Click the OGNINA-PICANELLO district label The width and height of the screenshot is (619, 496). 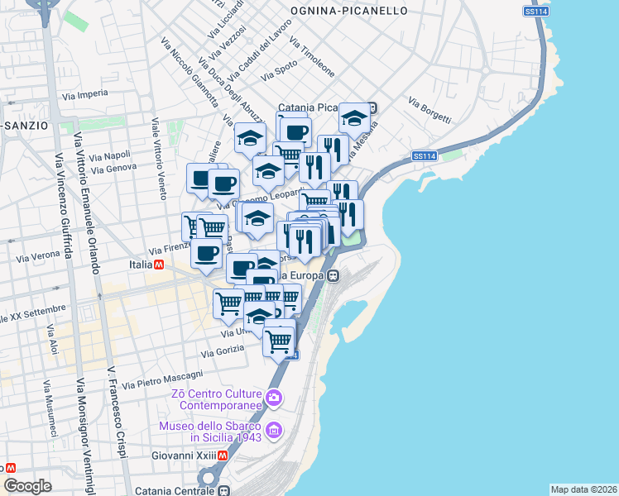click(x=349, y=11)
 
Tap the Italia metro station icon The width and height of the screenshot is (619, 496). click(x=159, y=265)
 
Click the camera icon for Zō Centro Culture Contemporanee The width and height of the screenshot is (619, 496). click(x=275, y=399)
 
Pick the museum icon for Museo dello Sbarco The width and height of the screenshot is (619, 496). click(x=275, y=431)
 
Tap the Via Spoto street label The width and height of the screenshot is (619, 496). click(x=279, y=72)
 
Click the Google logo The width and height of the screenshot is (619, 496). click(x=27, y=485)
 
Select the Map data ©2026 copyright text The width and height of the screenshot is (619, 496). click(x=583, y=489)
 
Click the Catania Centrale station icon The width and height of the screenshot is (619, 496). click(x=223, y=489)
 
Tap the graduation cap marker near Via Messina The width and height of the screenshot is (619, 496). click(x=354, y=117)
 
